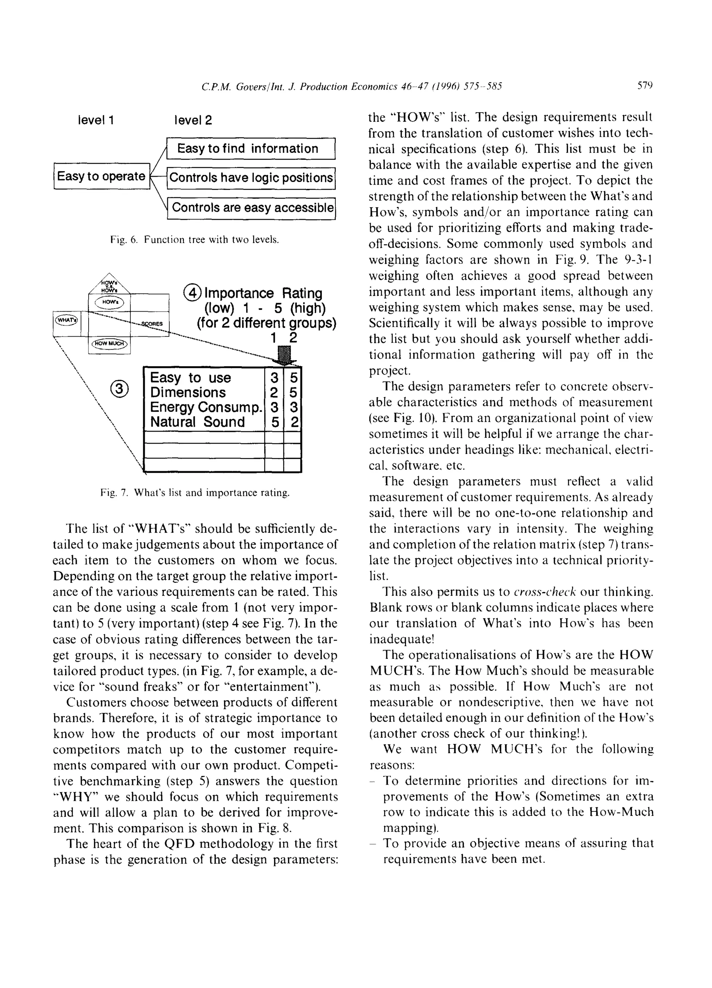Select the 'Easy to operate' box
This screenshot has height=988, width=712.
tap(101, 176)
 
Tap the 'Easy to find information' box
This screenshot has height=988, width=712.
tap(251, 148)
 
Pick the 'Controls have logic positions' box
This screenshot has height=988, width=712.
tap(251, 178)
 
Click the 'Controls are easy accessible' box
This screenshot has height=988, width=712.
tap(252, 207)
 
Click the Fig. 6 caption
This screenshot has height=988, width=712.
tap(194, 240)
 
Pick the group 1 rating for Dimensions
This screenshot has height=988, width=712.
tap(274, 393)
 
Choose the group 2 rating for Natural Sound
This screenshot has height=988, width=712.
tap(293, 422)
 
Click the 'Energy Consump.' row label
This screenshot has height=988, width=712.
tap(205, 407)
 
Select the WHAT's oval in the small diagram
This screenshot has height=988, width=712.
tap(66, 320)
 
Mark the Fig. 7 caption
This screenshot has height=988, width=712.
tap(194, 493)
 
